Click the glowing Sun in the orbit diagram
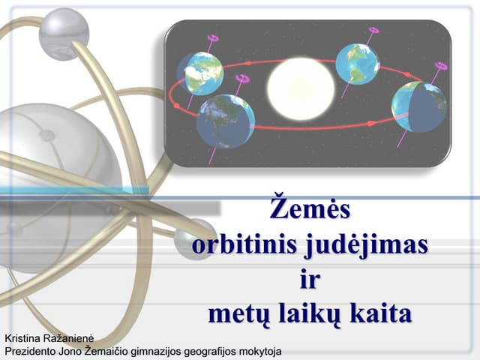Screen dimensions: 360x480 (x=301, y=88)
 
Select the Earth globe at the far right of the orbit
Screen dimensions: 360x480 (x=418, y=106)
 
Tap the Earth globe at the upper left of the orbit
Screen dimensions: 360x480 (x=201, y=73)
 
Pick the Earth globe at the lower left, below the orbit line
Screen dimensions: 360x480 (x=225, y=121)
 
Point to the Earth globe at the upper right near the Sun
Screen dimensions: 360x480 (x=357, y=64)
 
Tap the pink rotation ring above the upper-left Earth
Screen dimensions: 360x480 (x=213, y=37)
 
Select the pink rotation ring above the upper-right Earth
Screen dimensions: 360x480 (x=373, y=31)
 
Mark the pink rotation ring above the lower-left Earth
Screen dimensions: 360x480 (x=241, y=77)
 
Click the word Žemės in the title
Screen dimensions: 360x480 (x=310, y=209)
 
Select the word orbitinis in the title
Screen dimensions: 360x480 (x=243, y=244)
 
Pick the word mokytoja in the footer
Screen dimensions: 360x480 (x=256, y=349)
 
